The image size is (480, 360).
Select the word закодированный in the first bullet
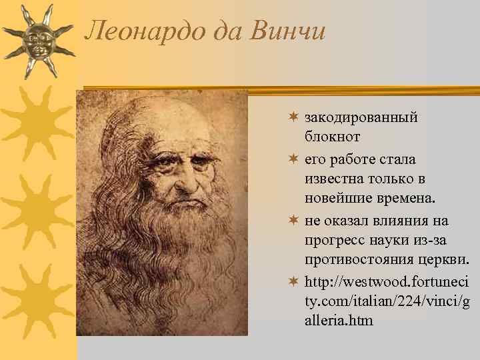pos(361,117)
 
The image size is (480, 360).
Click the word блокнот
pos(333,137)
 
